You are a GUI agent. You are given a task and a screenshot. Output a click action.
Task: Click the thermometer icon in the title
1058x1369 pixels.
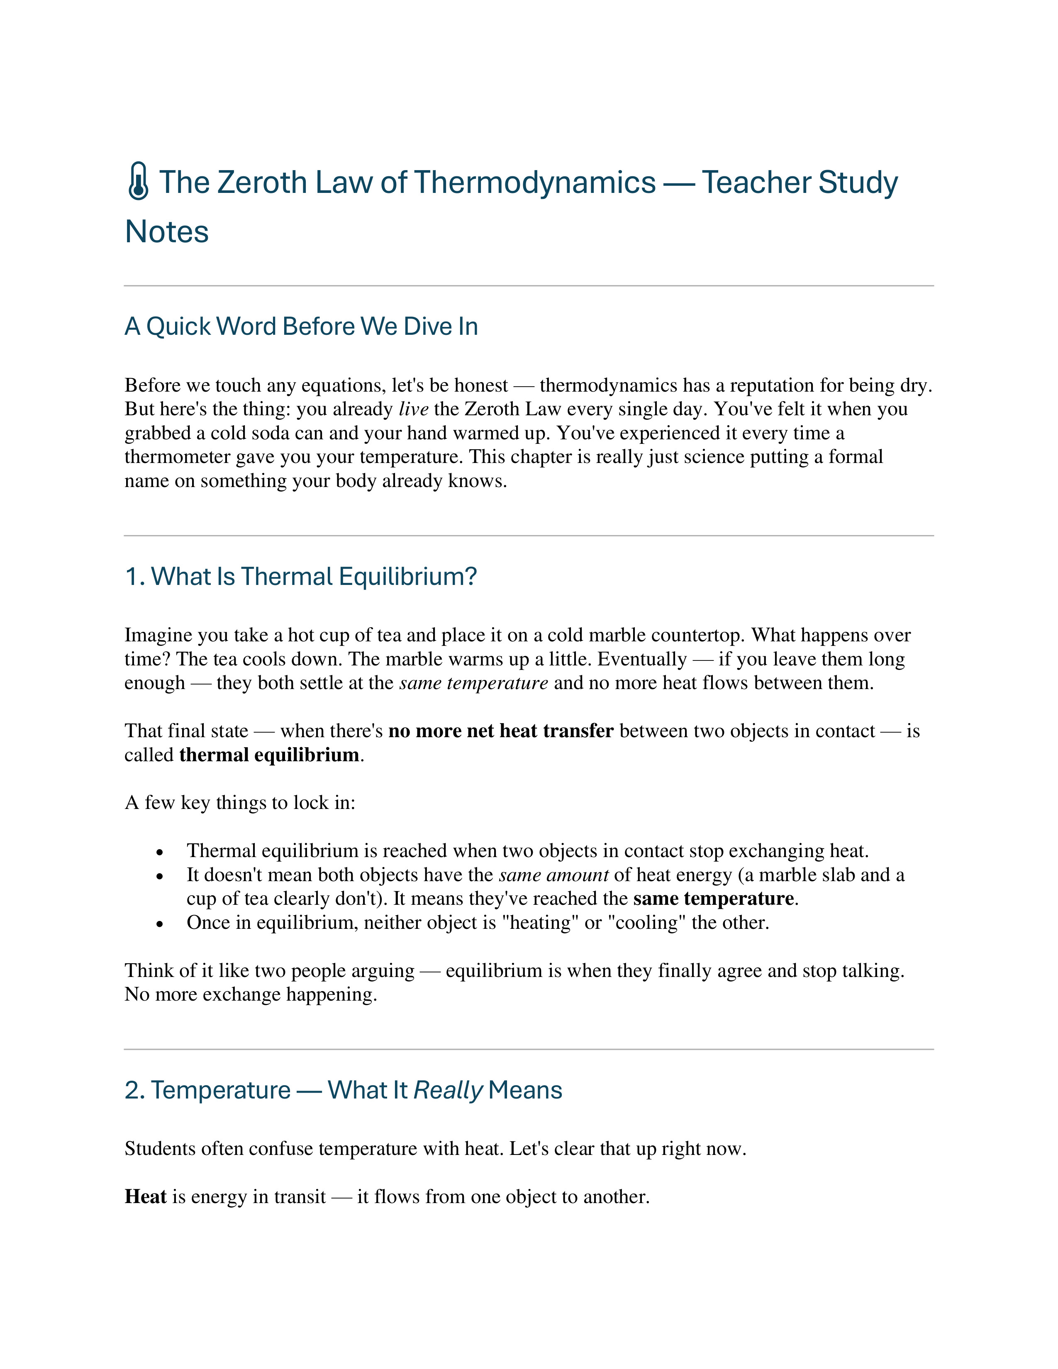coord(138,182)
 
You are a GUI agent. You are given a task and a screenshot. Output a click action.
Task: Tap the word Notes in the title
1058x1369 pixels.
coord(167,231)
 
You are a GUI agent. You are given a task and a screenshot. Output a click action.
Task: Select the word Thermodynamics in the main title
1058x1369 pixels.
coord(535,183)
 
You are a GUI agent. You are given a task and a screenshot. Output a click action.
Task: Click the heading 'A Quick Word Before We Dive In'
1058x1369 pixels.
coord(301,326)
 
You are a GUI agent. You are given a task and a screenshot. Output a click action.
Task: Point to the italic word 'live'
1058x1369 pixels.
coord(414,409)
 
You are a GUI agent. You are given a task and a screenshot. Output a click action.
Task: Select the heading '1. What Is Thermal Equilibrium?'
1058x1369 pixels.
coord(301,577)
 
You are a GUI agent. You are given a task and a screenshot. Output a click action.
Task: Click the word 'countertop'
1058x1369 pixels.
coord(698,636)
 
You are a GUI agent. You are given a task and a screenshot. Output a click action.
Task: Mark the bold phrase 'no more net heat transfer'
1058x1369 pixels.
coord(501,731)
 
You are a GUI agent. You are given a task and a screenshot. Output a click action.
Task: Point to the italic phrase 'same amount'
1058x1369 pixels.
coord(553,875)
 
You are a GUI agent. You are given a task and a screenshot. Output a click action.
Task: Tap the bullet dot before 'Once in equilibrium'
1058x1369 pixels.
coord(161,924)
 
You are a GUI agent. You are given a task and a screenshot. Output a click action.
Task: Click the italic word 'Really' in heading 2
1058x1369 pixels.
coord(448,1091)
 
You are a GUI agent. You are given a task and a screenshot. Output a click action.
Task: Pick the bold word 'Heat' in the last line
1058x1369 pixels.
coord(145,1197)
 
